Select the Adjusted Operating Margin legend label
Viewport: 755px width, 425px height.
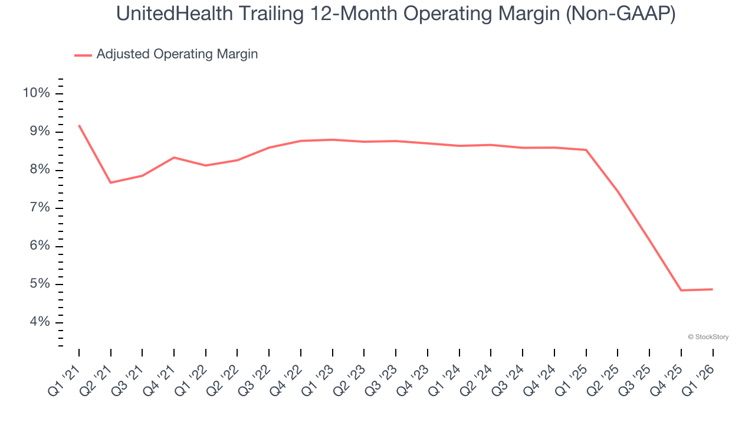tap(177, 54)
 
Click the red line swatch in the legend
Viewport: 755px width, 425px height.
tap(83, 55)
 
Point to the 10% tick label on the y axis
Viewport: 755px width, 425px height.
tap(36, 93)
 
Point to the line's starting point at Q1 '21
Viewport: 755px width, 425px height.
tap(79, 125)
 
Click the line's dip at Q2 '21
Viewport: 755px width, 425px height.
tap(111, 182)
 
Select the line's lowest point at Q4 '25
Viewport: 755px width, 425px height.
tap(681, 290)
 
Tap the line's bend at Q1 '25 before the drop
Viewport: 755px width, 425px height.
tap(586, 150)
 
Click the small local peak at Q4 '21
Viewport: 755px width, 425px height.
tap(174, 158)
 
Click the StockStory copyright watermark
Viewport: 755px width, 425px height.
tap(708, 337)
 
